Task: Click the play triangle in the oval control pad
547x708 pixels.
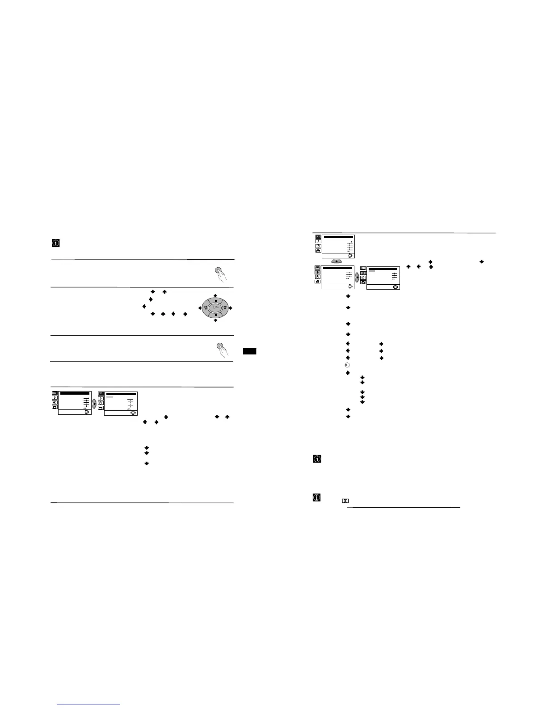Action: [215, 308]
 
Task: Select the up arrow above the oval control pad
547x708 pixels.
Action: [215, 295]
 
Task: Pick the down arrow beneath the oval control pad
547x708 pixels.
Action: [215, 320]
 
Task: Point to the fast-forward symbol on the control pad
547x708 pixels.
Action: [225, 308]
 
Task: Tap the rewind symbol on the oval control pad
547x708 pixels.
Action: [206, 308]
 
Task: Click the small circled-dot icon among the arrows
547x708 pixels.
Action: [347, 365]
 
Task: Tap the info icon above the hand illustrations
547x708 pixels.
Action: [56, 243]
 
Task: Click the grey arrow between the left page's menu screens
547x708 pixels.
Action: [94, 403]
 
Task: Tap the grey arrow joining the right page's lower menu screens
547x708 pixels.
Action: [357, 277]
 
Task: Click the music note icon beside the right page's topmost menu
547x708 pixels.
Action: [318, 241]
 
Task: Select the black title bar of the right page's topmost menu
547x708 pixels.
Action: [338, 237]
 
